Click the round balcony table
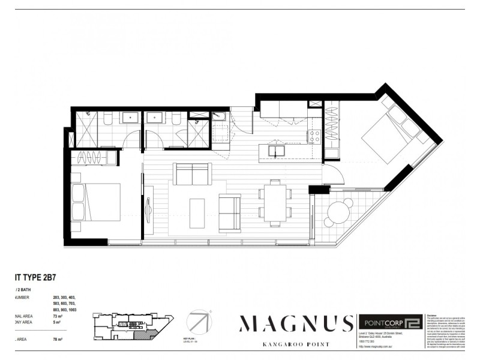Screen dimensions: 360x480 click(340, 211)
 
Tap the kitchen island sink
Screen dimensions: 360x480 click(277, 150)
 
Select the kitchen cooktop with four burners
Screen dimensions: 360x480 click(314, 137)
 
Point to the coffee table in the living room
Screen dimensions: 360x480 click(197, 213)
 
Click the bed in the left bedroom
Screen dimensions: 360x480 click(96, 202)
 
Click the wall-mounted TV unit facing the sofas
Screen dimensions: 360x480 click(148, 212)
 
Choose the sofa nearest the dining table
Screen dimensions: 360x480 click(230, 213)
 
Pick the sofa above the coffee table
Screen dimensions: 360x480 click(192, 174)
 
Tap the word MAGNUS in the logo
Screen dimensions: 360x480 click(295, 323)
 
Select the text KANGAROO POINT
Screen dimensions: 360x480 click(295, 345)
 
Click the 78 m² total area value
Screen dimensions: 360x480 click(59, 340)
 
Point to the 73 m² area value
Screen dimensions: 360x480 click(59, 316)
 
